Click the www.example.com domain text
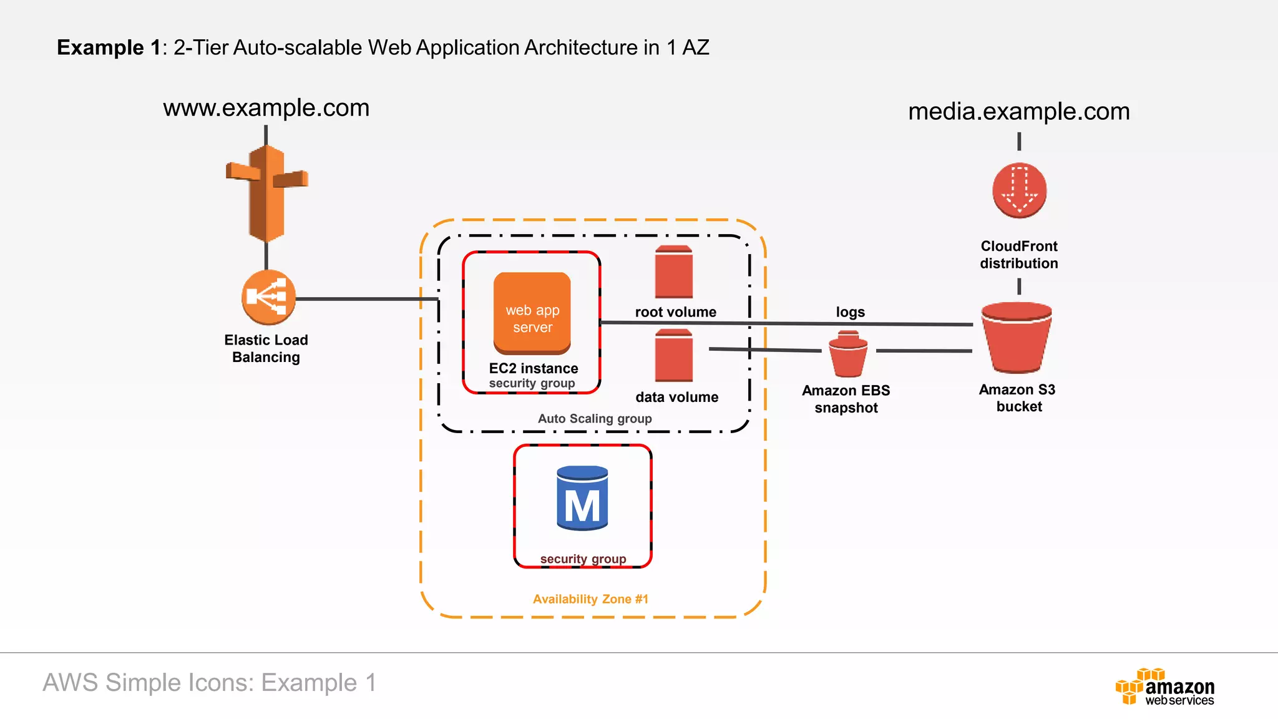pyautogui.click(x=266, y=108)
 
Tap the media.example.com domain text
pyautogui.click(x=1018, y=112)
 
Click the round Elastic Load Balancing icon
pyautogui.click(x=268, y=297)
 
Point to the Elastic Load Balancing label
pyautogui.click(x=266, y=348)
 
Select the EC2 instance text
pyautogui.click(x=534, y=368)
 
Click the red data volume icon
pyautogui.click(x=673, y=356)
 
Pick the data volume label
pyautogui.click(x=676, y=397)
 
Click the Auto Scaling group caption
pyautogui.click(x=595, y=419)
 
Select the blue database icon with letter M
pyautogui.click(x=582, y=498)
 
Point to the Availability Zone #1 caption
pyautogui.click(x=590, y=599)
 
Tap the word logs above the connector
pyautogui.click(x=850, y=312)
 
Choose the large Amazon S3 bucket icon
pyautogui.click(x=1017, y=337)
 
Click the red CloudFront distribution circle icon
pyautogui.click(x=1019, y=190)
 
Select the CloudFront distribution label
pyautogui.click(x=1018, y=255)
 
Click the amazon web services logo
pyautogui.click(x=1165, y=687)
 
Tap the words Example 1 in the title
pyautogui.click(x=109, y=47)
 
